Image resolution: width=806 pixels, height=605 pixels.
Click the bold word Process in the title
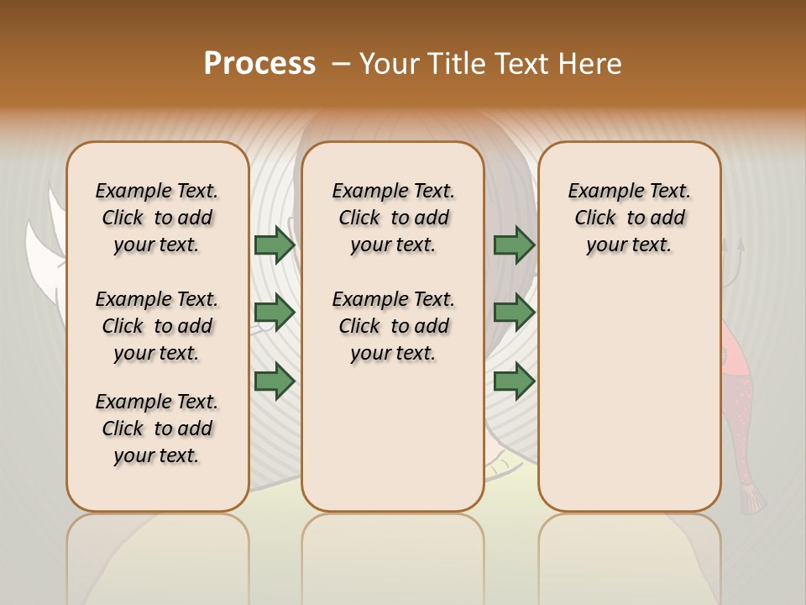259,63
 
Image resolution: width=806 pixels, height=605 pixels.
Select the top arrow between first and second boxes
274,245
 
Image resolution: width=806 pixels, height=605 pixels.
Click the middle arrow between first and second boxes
274,313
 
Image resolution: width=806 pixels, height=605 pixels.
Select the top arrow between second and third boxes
514,245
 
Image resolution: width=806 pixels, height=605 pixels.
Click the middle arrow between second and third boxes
514,313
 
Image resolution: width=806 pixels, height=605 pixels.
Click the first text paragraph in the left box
157,218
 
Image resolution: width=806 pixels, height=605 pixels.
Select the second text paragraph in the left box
157,326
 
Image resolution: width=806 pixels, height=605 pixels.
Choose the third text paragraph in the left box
157,429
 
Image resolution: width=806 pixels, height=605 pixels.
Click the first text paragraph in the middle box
393,218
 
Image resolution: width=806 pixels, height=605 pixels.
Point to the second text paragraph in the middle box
393,326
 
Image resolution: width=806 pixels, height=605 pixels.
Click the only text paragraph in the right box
629,218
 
